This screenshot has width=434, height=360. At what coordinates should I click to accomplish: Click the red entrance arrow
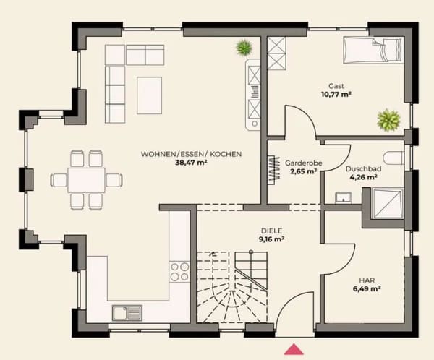click(294, 349)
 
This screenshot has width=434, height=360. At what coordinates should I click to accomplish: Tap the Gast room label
click(336, 86)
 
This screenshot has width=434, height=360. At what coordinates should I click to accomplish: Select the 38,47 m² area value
click(191, 163)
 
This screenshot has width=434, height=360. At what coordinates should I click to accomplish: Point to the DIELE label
click(271, 231)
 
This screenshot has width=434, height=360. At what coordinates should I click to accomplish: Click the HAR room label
click(367, 280)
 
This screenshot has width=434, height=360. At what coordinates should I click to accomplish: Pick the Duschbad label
click(363, 168)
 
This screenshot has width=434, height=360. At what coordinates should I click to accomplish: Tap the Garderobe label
click(304, 163)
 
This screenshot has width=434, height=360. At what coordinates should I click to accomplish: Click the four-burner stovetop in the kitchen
click(180, 272)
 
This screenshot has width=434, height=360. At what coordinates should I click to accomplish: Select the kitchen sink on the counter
click(127, 313)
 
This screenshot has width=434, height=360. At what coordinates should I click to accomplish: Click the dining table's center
click(86, 180)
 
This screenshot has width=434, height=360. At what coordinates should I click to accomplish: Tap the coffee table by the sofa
click(150, 95)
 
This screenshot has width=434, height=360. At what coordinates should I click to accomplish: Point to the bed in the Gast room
click(373, 51)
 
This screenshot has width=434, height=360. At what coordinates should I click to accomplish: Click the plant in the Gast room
click(389, 119)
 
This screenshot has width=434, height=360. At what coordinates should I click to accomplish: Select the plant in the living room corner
click(244, 48)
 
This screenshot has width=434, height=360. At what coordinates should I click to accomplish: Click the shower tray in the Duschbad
click(388, 203)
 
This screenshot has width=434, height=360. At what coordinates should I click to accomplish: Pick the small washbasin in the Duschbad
click(344, 198)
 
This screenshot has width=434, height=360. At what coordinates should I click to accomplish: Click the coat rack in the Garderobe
click(275, 170)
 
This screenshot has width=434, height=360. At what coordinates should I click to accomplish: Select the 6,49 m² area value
click(367, 289)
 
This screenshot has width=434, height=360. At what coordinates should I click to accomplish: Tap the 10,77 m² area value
click(336, 95)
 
